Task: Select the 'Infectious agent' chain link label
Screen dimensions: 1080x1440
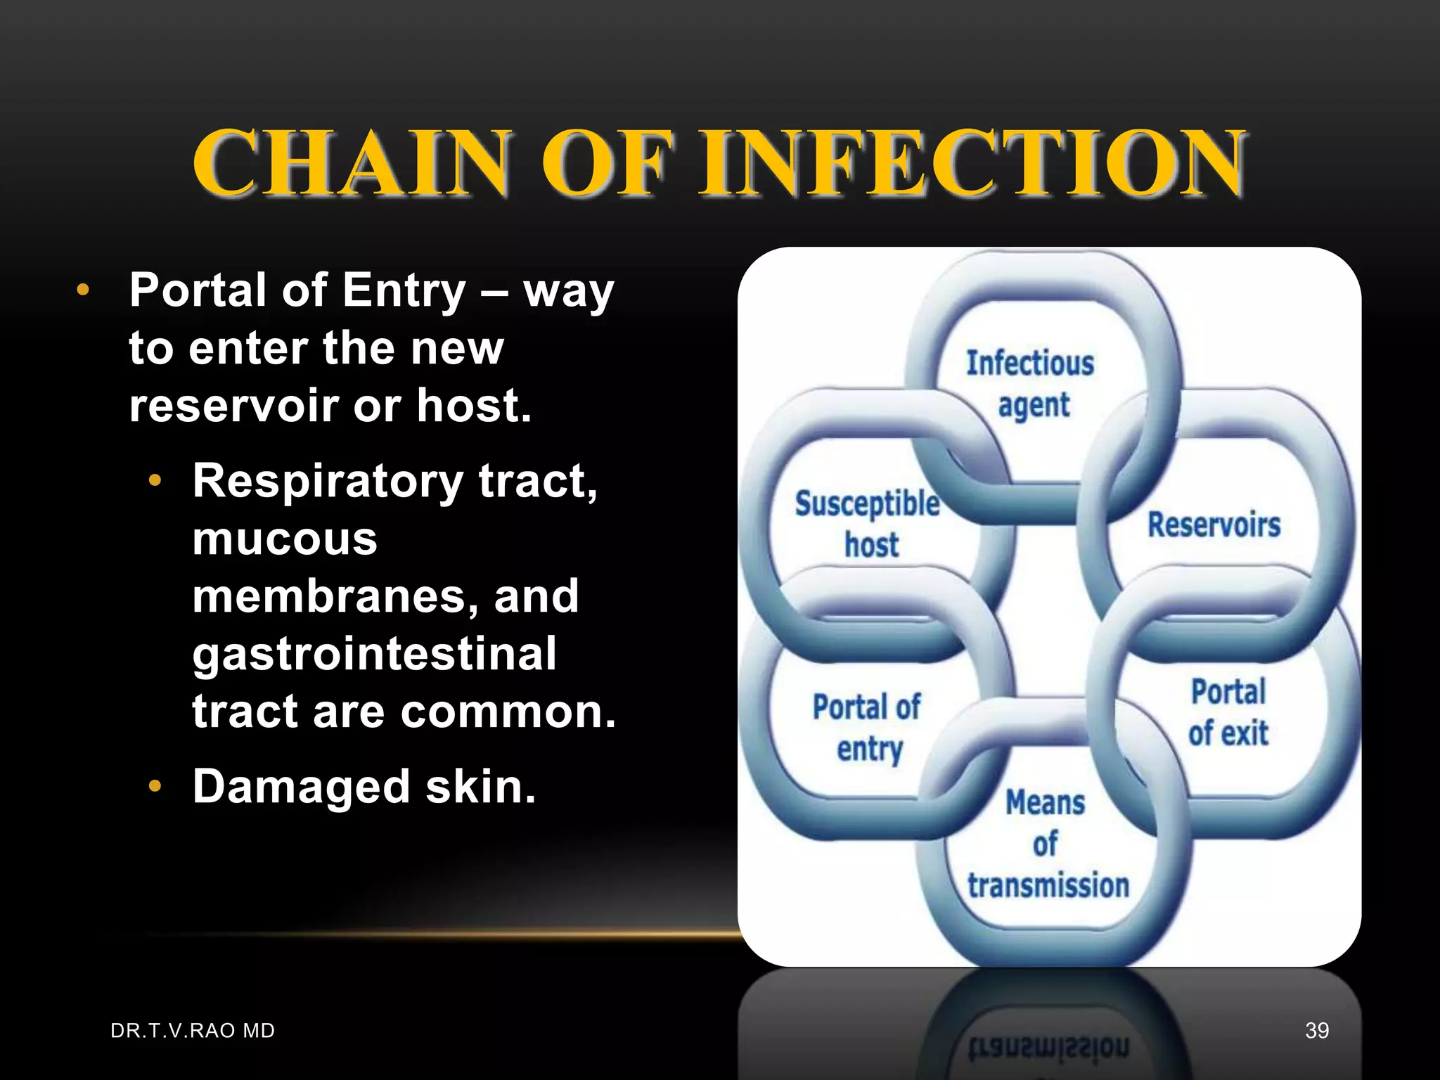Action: (x=1031, y=384)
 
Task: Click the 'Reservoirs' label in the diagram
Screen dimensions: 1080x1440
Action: (x=1214, y=525)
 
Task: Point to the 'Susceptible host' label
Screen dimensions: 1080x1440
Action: (x=868, y=524)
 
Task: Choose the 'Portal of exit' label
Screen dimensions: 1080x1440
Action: (x=1228, y=712)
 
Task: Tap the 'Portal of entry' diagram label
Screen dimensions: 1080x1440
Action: (x=867, y=727)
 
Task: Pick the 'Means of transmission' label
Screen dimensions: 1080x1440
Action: (x=1048, y=844)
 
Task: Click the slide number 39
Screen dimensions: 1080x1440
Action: (x=1316, y=1031)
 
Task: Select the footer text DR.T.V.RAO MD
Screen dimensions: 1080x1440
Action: (x=193, y=1031)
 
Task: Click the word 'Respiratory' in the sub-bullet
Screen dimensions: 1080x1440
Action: (x=328, y=482)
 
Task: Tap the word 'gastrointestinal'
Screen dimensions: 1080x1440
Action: (x=374, y=654)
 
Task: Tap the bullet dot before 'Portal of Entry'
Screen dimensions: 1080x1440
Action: (x=83, y=290)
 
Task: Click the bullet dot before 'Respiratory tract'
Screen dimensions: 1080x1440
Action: (x=155, y=482)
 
